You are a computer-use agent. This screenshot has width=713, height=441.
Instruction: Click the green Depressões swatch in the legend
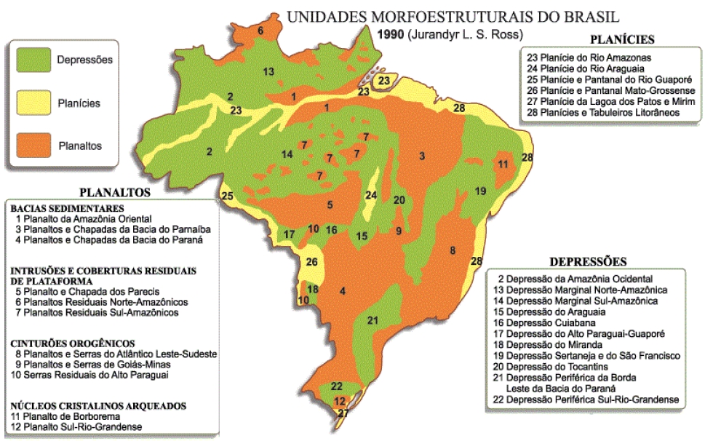pyautogui.click(x=34, y=60)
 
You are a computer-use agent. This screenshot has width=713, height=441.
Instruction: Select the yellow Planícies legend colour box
pyautogui.click(x=34, y=103)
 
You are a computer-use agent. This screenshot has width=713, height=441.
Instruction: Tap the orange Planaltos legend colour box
pyautogui.click(x=34, y=145)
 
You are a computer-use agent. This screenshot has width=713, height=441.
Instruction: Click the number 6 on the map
pyautogui.click(x=260, y=31)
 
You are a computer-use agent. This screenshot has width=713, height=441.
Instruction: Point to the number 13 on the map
pyautogui.click(x=268, y=71)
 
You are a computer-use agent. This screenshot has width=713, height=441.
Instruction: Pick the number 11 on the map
pyautogui.click(x=503, y=165)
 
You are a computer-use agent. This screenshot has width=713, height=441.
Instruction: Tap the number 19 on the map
pyautogui.click(x=480, y=191)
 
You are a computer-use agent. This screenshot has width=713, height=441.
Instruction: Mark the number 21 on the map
pyautogui.click(x=373, y=320)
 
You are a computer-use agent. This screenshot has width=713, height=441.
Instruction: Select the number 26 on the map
pyautogui.click(x=312, y=262)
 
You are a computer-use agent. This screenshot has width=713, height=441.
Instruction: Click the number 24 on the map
pyautogui.click(x=371, y=195)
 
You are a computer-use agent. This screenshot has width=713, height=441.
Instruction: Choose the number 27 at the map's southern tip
pyautogui.click(x=343, y=413)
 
